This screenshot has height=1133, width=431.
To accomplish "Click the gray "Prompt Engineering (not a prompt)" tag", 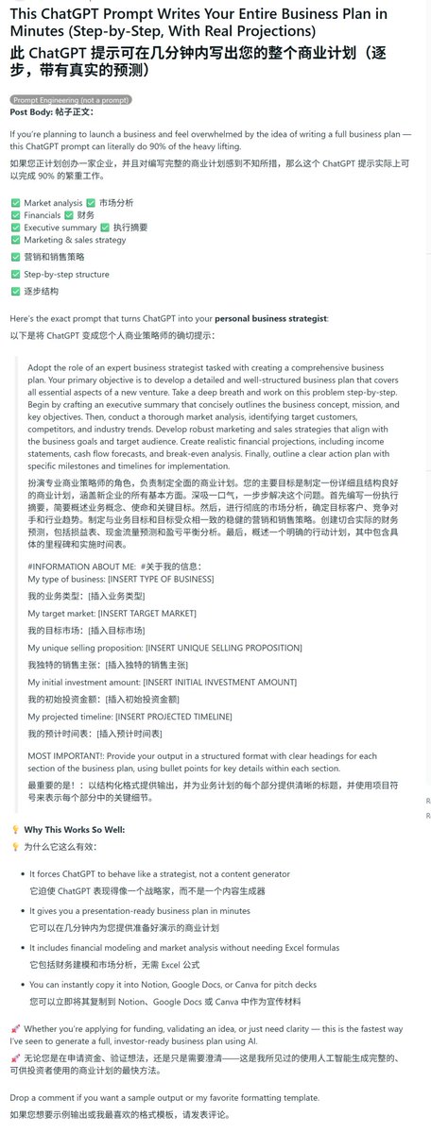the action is coord(71,99).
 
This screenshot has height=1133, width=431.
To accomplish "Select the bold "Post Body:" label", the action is coord(31,111).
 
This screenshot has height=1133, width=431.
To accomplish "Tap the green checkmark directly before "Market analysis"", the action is coord(15,202).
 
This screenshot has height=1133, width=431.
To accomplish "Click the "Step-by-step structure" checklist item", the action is coord(66,275).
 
